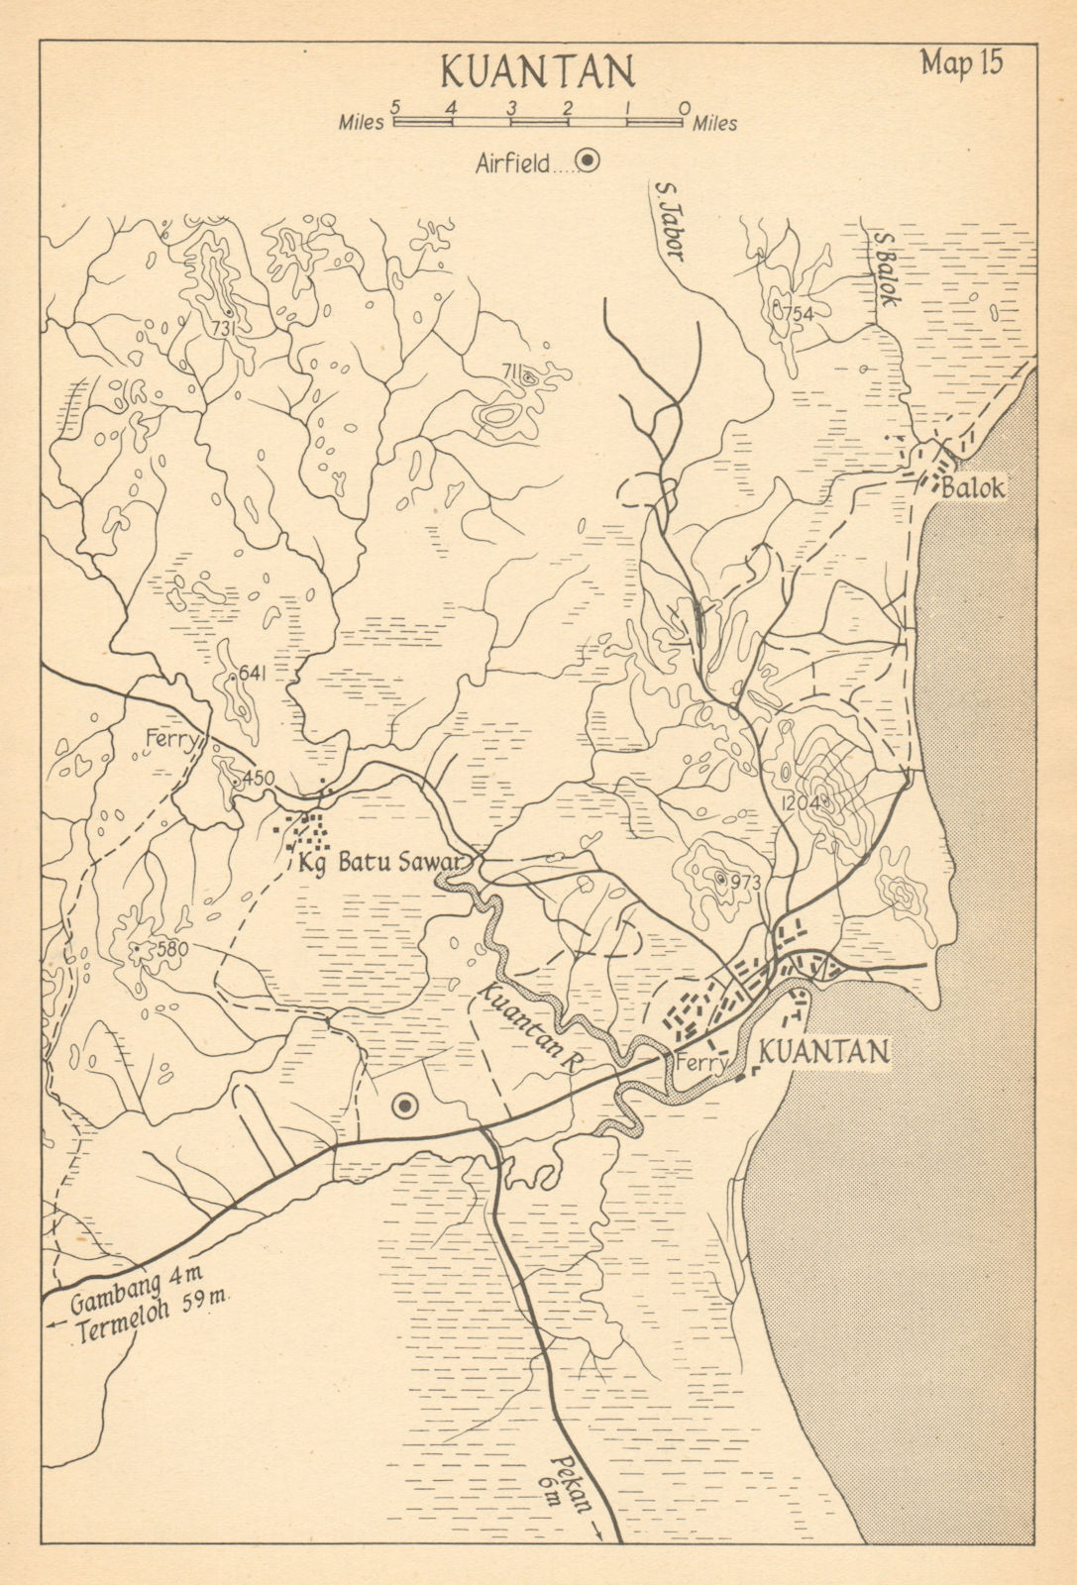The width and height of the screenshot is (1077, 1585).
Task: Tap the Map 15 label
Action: point(960,61)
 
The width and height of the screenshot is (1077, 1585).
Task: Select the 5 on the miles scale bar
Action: point(395,105)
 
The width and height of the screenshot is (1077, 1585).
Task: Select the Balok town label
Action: point(973,487)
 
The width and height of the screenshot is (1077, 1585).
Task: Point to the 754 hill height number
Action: point(796,313)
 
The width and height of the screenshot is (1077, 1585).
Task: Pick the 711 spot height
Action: point(512,371)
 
